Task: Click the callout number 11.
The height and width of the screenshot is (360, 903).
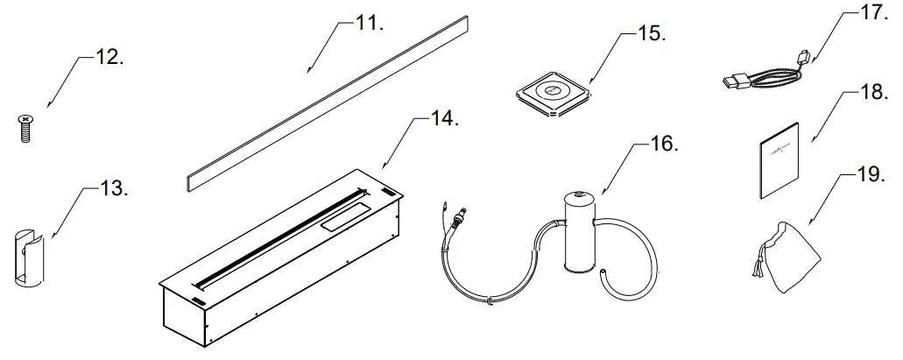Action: click(370, 24)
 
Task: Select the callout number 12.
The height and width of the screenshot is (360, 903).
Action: click(108, 59)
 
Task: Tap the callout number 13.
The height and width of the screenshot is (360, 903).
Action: click(113, 189)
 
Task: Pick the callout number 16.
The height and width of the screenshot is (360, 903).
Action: click(663, 145)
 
